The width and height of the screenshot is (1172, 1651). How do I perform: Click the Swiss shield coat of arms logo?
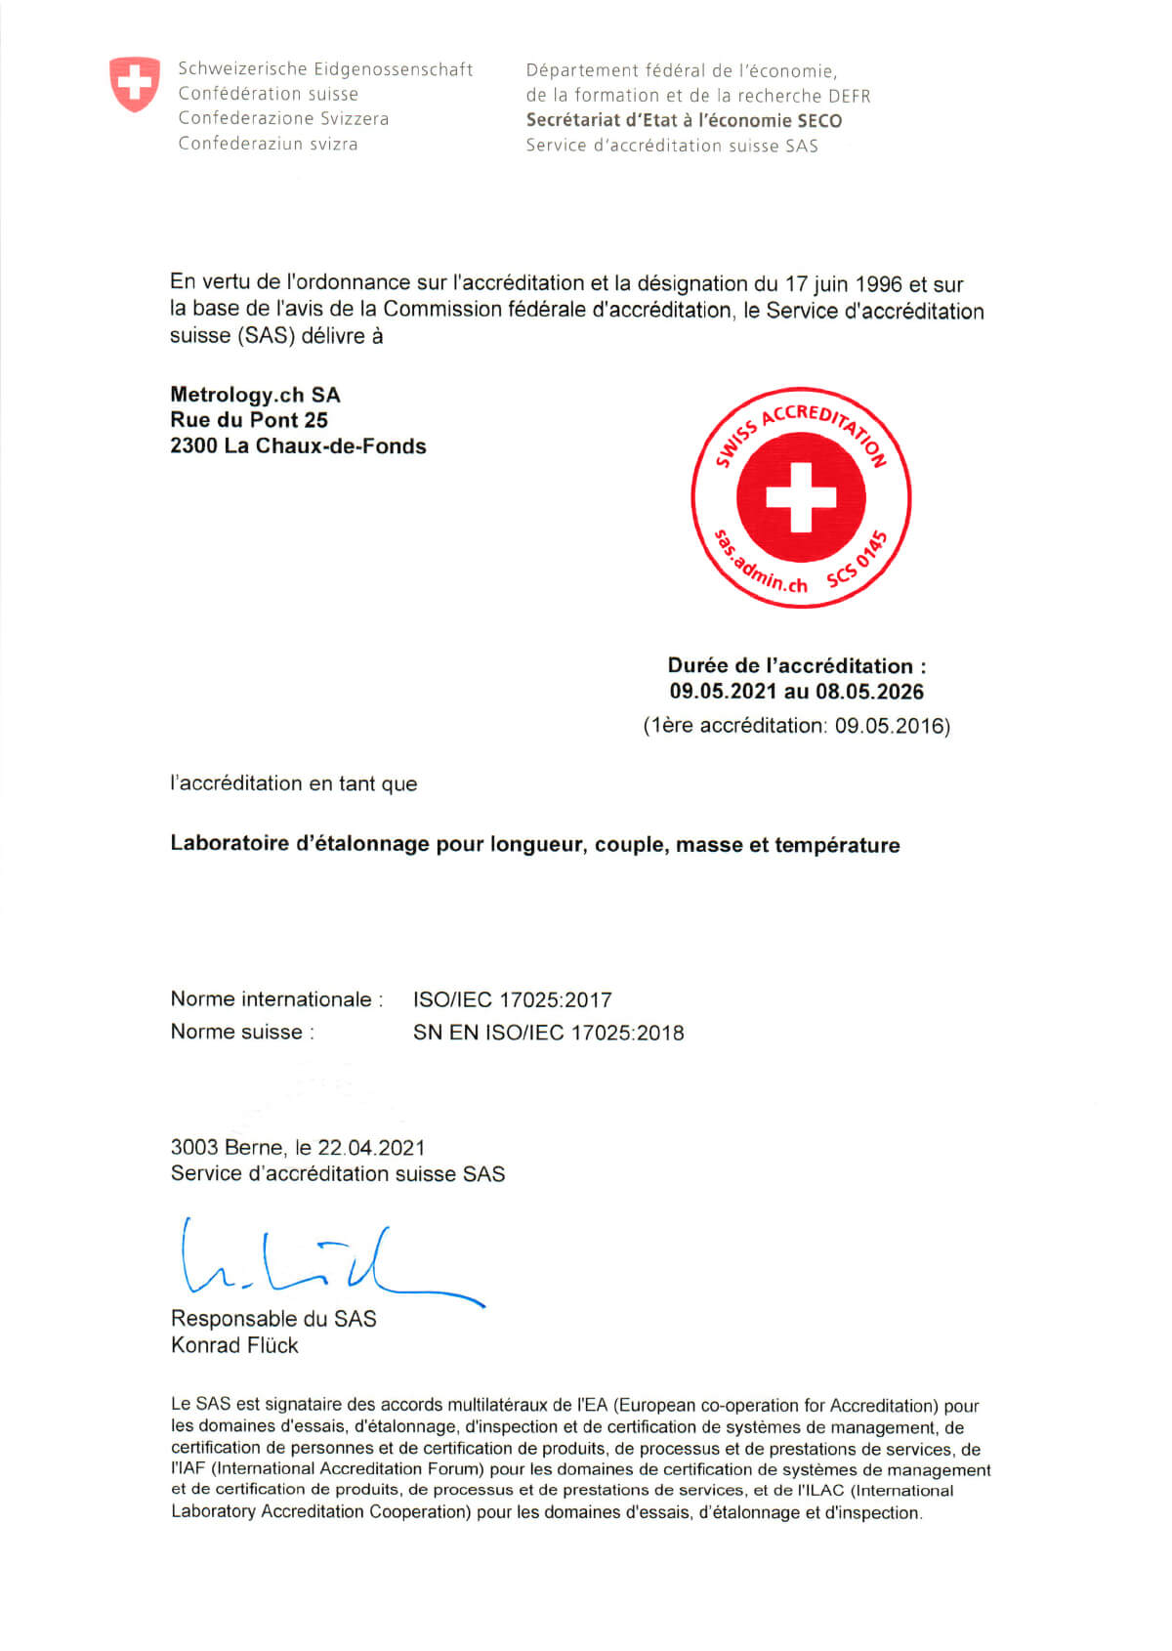134,84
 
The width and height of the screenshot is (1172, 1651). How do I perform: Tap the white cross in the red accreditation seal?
801,496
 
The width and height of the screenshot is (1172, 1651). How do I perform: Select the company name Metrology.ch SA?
255,395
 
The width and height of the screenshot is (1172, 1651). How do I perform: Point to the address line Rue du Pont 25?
249,420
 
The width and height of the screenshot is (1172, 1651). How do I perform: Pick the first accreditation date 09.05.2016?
890,726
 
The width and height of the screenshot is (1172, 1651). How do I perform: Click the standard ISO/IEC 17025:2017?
512,999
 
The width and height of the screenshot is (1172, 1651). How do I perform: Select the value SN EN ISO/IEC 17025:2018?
548,1033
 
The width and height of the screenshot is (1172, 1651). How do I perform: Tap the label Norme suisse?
241,1032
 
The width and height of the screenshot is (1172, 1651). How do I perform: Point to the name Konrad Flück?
234,1345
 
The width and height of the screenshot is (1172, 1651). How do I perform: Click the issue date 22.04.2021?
371,1148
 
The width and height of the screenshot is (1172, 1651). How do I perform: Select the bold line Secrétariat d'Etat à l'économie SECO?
684,120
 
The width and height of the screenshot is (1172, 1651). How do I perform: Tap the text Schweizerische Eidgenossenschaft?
325,69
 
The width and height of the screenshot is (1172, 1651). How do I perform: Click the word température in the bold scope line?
837,845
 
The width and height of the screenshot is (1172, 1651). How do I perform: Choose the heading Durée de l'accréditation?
796,666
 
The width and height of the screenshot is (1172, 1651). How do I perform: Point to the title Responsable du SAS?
273,1319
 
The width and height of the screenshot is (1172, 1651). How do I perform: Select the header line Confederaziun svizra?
268,144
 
